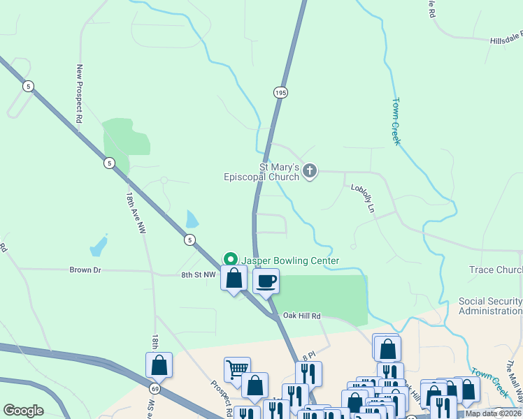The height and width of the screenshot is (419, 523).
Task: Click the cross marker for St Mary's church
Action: click(x=310, y=170)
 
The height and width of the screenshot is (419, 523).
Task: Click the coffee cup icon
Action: click(x=266, y=281)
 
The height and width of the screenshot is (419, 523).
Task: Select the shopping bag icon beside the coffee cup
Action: click(x=234, y=278)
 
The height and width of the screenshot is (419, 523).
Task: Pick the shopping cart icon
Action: click(x=237, y=368)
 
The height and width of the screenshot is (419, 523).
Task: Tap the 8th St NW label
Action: click(x=199, y=274)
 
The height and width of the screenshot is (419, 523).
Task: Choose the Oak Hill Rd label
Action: click(x=301, y=316)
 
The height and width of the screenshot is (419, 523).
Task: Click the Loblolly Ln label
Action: click(x=363, y=198)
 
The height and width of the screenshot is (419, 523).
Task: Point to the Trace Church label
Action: click(x=496, y=270)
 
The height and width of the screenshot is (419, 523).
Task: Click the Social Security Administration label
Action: click(x=490, y=306)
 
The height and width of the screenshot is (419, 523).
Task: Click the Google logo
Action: click(x=23, y=411)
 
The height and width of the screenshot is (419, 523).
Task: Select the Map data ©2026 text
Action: click(x=494, y=413)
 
